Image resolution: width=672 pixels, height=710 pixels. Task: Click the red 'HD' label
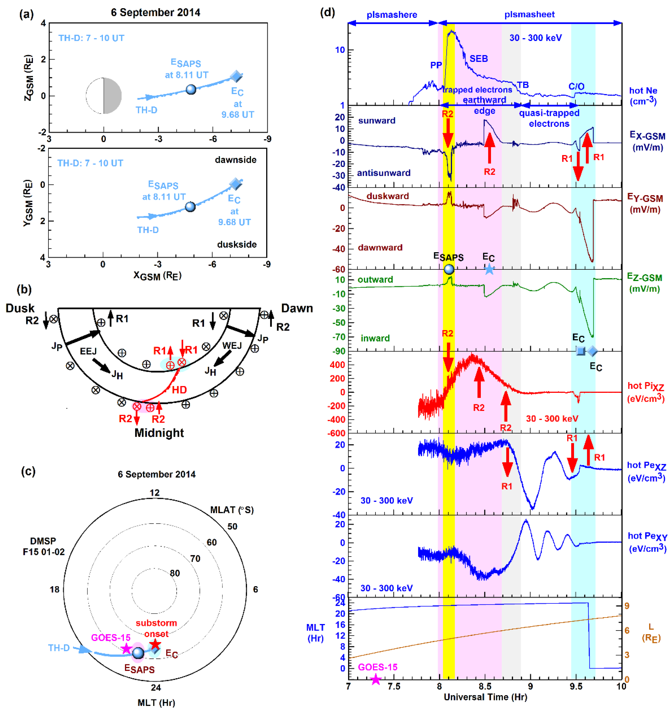(x=179, y=390)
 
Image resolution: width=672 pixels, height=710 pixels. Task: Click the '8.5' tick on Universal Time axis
(x=485, y=686)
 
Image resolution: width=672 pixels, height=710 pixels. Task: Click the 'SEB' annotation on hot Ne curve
(x=479, y=58)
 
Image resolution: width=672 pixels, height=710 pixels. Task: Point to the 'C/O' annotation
(x=576, y=86)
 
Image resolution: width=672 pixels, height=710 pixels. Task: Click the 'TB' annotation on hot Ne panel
(x=523, y=85)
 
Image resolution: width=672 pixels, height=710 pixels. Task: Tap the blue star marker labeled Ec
(x=489, y=269)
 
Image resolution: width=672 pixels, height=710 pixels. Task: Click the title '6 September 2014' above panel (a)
(x=155, y=13)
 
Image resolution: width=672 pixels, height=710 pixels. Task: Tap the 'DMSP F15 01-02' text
(x=43, y=546)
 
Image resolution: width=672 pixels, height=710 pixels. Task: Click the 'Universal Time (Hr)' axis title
(x=485, y=697)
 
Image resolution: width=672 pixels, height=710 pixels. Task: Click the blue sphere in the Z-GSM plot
(x=191, y=89)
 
